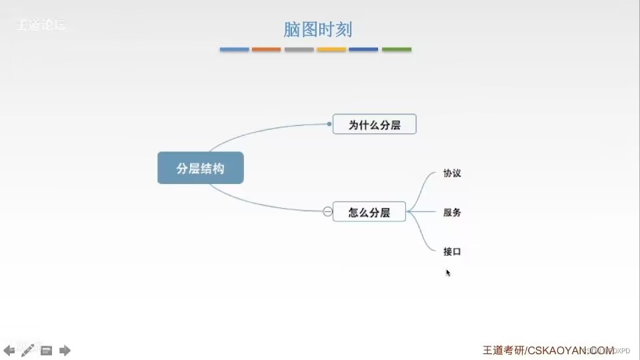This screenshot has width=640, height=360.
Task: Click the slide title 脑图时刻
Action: pos(317,29)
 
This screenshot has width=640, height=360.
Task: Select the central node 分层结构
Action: pos(200,168)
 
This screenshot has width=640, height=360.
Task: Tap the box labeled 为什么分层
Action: pos(374,124)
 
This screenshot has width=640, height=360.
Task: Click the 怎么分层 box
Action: pos(369,212)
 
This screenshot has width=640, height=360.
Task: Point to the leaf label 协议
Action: pos(452,173)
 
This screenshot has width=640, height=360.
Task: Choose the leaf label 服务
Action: pos(452,213)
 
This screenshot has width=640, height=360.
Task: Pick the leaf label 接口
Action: pos(452,252)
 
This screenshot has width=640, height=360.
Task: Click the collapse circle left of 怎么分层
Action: pos(327,212)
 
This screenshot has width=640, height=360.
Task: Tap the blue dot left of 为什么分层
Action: pos(329,123)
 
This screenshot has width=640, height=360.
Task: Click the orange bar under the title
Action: pos(266,49)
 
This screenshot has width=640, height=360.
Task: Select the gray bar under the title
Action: pos(299,49)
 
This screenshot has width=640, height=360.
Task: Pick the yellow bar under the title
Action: pos(331,49)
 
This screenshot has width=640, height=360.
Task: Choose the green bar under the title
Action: pos(397,49)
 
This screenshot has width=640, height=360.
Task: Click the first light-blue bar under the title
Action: pos(234,49)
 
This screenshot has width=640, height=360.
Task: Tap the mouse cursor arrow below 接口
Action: pos(448,272)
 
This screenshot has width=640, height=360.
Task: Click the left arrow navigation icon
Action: pos(9,350)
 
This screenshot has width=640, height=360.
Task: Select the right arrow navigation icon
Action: pos(65,350)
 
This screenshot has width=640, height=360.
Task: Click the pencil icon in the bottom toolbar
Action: pos(27,350)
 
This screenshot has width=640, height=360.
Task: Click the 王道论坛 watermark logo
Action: pos(41,26)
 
